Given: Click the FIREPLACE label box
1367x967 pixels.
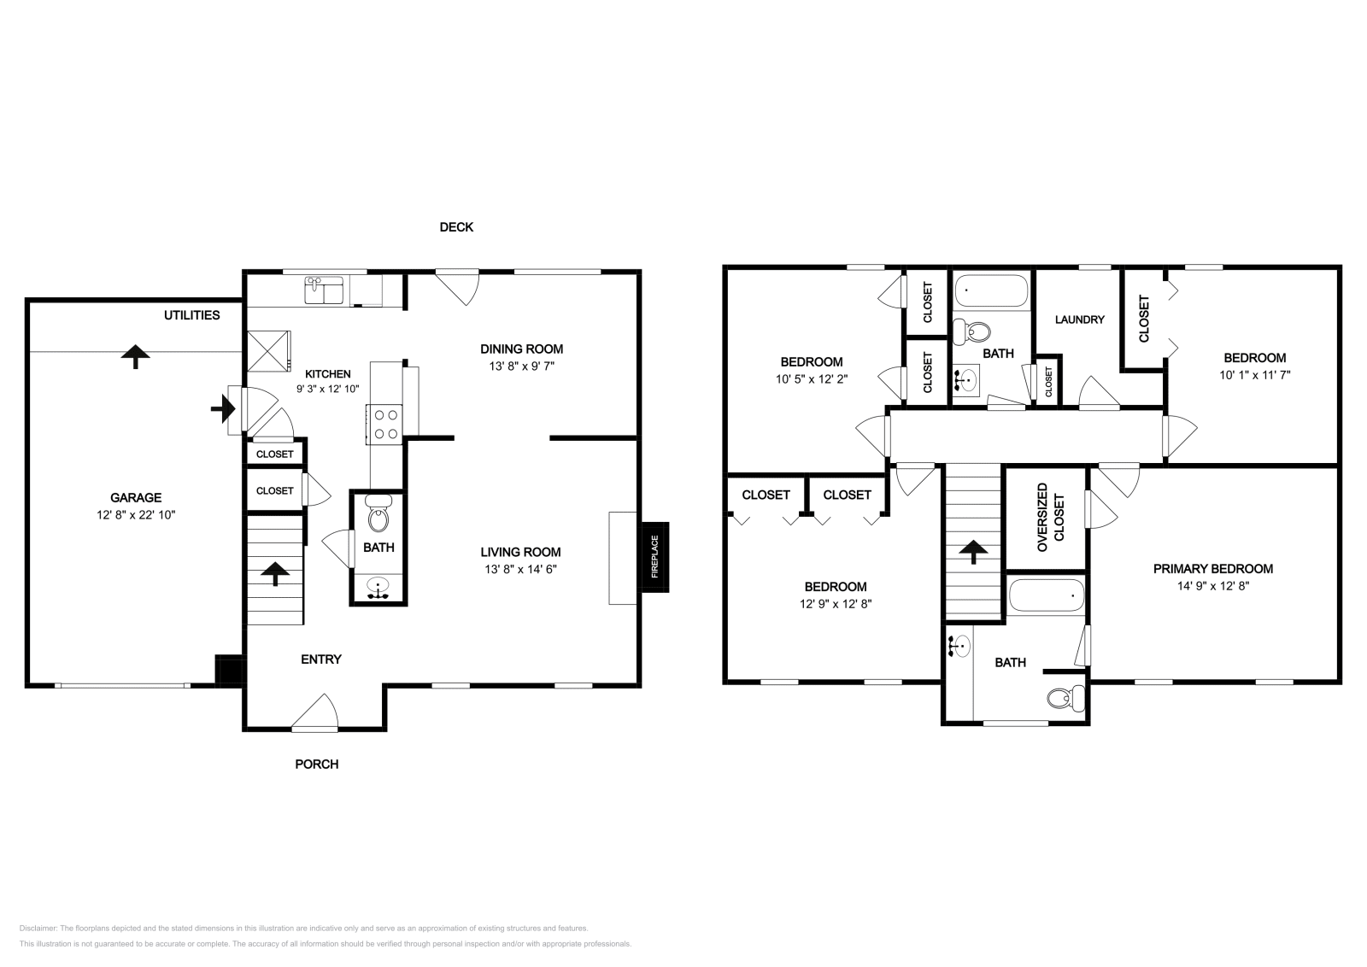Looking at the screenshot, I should pyautogui.click(x=655, y=557).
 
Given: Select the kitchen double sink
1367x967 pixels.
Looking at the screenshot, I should pyautogui.click(x=324, y=290).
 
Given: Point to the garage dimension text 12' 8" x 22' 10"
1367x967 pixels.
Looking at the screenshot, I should pyautogui.click(x=136, y=515).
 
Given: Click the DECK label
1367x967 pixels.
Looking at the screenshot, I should pyautogui.click(x=456, y=227).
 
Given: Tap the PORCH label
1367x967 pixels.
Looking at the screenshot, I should pyautogui.click(x=317, y=764).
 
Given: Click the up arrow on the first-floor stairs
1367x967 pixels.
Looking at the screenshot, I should pyautogui.click(x=274, y=573).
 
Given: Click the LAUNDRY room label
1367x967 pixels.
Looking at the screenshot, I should pyautogui.click(x=1079, y=319).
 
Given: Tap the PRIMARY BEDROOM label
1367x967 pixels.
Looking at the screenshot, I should pyautogui.click(x=1212, y=569).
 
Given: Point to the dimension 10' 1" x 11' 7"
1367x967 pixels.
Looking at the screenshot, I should pyautogui.click(x=1254, y=374).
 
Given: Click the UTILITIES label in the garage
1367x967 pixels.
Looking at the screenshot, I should pyautogui.click(x=191, y=315).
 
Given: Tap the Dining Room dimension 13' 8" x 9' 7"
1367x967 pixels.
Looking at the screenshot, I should pyautogui.click(x=521, y=365).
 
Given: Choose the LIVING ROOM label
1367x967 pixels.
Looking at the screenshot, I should pyautogui.click(x=519, y=552).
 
